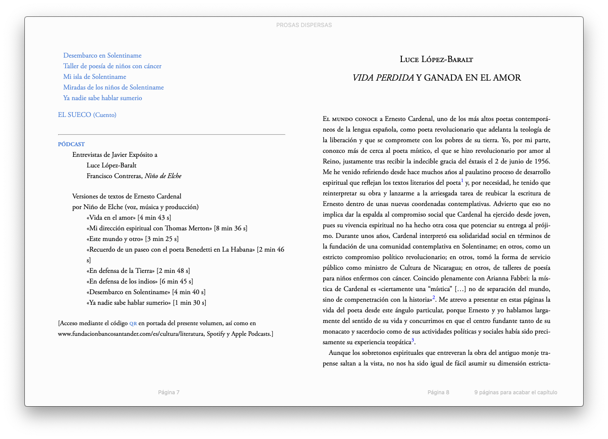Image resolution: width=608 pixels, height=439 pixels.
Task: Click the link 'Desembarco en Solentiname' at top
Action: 102,55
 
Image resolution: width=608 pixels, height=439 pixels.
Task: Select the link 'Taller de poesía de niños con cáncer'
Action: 112,66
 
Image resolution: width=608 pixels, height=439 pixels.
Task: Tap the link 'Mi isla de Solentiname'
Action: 94,77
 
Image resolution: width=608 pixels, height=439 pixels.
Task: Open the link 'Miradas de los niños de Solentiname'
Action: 114,87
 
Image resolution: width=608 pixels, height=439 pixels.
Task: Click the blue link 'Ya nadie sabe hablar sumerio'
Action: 102,98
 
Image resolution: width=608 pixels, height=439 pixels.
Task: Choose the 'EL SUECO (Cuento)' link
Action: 87,115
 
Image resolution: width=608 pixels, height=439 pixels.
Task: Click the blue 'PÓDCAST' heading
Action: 71,144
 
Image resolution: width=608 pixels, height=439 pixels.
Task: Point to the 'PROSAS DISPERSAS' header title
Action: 304,25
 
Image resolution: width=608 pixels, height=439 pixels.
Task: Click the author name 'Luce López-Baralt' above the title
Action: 436,59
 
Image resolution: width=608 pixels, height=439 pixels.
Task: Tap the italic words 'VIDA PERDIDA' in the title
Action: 383,78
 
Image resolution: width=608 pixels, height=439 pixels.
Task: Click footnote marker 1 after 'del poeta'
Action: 462,181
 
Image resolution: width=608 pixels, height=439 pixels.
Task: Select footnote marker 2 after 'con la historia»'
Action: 434,298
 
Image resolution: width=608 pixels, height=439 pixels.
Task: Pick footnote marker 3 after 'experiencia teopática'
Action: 413,340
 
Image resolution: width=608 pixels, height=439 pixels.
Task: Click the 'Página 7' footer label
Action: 169,392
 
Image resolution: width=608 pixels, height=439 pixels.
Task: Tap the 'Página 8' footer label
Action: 438,392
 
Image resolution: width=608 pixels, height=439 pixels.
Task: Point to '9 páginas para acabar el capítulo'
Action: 515,392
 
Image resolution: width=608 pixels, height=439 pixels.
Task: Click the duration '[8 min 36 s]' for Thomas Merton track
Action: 231,228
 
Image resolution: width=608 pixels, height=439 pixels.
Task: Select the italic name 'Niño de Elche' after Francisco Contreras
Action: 163,176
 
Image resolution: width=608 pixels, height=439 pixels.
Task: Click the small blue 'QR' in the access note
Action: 133,323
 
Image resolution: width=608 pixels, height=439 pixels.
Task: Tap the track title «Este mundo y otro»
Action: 114,239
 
